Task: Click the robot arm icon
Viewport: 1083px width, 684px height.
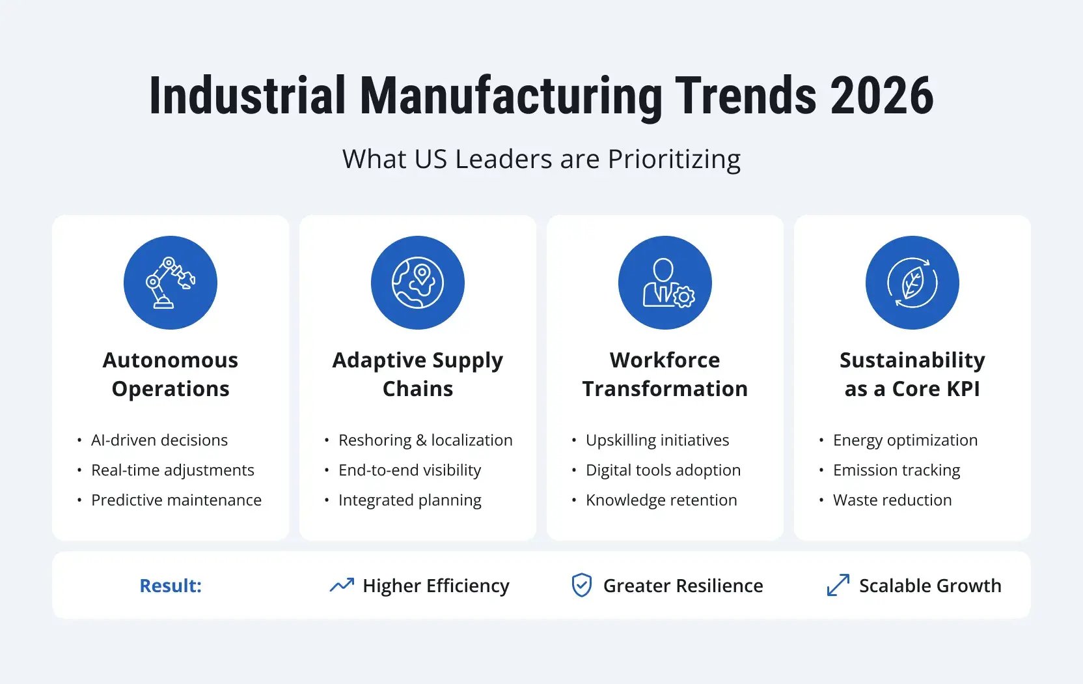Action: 170,283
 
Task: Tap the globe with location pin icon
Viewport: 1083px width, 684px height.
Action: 417,283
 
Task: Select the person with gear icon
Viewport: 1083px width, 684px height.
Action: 665,283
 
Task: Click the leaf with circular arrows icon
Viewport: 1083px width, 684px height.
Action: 912,283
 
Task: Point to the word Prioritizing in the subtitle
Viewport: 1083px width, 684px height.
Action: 674,159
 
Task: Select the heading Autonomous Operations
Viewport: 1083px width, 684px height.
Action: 171,374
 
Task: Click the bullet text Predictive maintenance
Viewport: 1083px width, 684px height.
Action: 176,500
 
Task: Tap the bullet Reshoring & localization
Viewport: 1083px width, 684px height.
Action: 425,440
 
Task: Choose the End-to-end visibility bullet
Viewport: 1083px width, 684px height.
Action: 409,470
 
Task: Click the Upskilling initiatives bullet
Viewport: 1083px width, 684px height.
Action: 657,440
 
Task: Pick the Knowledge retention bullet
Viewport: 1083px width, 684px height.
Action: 661,500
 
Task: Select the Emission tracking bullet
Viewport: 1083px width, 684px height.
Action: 896,470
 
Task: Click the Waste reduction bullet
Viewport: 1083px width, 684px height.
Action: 892,500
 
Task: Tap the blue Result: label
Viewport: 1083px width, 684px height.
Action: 171,586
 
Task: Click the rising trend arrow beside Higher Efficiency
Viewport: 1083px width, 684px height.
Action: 342,585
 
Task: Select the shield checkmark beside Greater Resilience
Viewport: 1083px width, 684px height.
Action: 581,585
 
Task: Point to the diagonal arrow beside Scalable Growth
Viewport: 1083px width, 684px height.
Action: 838,585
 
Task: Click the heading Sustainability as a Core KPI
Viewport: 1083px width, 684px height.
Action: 912,374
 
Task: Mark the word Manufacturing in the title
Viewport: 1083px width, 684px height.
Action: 511,96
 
